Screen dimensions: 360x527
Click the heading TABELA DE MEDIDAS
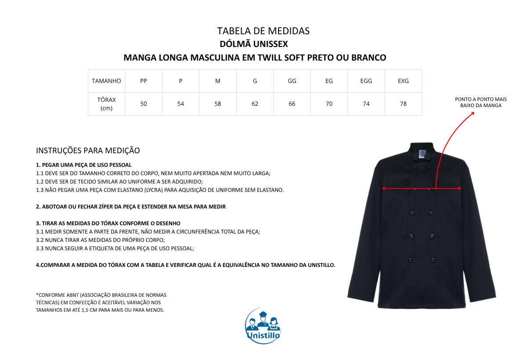click(263, 31)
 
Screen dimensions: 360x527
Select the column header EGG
click(366, 81)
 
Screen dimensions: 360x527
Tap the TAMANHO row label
click(106, 81)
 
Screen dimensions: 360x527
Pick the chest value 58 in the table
click(218, 104)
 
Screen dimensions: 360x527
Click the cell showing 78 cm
click(403, 104)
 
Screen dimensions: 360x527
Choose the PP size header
click(144, 81)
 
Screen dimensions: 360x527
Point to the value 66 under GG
click(292, 104)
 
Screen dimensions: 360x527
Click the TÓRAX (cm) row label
click(106, 104)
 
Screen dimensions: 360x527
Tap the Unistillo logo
click(263, 325)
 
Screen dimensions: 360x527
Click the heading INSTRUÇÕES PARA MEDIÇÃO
click(88, 151)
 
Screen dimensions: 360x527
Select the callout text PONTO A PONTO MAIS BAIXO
click(480, 102)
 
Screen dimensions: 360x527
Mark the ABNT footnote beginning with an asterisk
click(101, 302)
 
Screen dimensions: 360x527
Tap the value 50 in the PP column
click(144, 104)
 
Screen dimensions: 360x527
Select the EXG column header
click(403, 81)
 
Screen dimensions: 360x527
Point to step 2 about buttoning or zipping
click(131, 206)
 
